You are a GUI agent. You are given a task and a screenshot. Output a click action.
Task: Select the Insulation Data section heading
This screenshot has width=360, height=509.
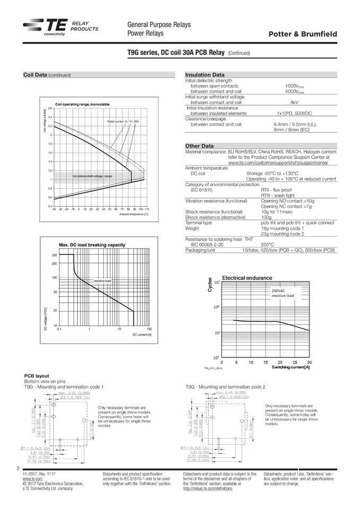click(205, 75)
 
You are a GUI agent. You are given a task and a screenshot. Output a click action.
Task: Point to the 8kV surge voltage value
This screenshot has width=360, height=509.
click(293, 102)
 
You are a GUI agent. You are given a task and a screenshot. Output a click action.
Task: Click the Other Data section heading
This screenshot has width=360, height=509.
click(199, 146)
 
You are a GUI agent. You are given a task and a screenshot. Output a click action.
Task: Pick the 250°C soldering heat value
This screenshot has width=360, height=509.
click(267, 245)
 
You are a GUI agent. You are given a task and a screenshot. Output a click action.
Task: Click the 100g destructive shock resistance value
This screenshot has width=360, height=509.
click(266, 217)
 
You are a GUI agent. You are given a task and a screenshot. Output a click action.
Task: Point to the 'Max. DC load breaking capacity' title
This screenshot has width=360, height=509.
click(92, 244)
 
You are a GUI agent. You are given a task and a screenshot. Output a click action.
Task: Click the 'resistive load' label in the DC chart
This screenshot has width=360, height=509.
click(102, 280)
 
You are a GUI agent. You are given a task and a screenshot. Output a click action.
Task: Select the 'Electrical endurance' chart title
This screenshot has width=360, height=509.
click(247, 278)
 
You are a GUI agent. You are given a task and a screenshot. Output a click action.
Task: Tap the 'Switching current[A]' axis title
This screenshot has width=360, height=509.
click(291, 367)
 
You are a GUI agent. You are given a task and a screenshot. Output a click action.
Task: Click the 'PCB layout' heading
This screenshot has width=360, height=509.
click(36, 376)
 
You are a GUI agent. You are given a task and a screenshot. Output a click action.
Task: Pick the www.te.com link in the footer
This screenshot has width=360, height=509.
click(33, 479)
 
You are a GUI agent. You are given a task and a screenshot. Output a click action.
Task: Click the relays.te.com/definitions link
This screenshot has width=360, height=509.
click(208, 488)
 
